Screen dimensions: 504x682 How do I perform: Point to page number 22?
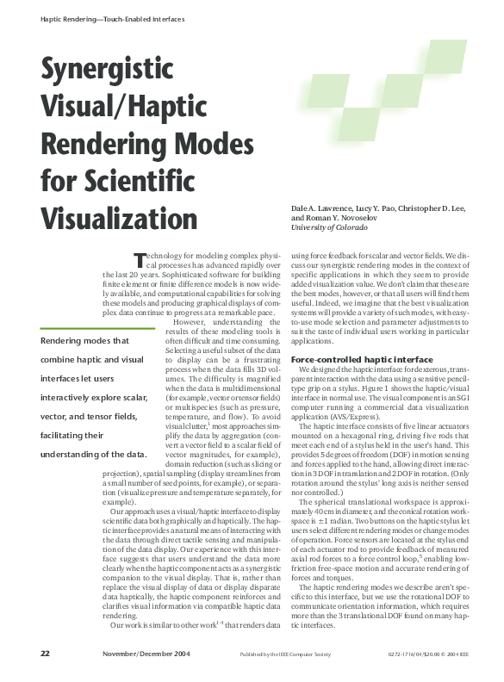(45, 654)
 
